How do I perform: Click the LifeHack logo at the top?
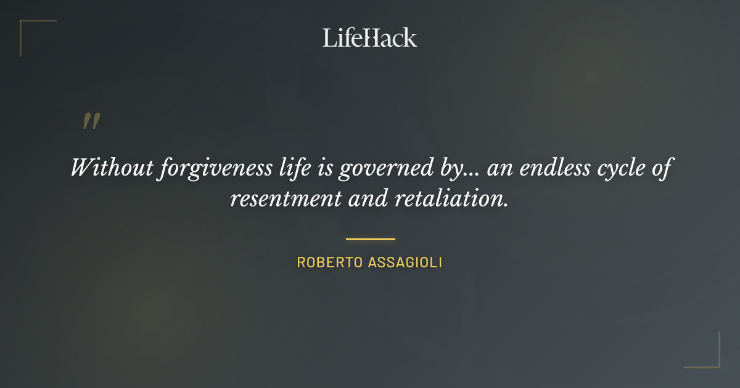pyautogui.click(x=370, y=38)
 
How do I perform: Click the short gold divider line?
pyautogui.click(x=370, y=239)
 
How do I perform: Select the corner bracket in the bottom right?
pyautogui.click(x=709, y=357)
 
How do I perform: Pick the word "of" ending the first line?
pyautogui.click(x=660, y=168)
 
